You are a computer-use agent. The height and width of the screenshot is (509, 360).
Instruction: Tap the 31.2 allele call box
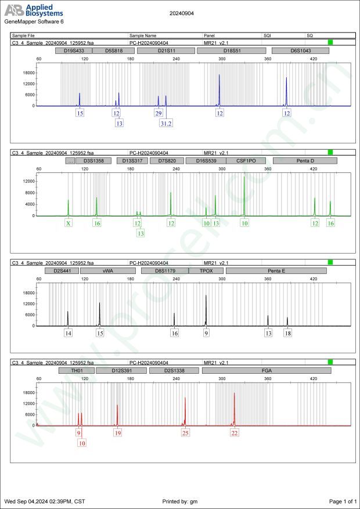[x=166, y=123]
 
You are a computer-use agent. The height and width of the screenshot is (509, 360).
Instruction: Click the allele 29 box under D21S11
[x=158, y=113]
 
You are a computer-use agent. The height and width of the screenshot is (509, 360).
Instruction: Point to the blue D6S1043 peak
[x=286, y=87]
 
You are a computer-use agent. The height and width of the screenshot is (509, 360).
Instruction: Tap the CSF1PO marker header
[x=246, y=161]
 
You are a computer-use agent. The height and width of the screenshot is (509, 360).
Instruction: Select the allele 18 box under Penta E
[x=288, y=334]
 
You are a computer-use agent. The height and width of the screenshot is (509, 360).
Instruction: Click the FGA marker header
[x=267, y=370]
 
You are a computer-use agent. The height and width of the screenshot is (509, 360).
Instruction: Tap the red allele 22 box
[x=235, y=433]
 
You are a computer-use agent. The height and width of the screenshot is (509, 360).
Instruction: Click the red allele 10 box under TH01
[x=82, y=443]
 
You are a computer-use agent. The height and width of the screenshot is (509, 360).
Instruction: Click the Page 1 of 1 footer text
[x=342, y=501]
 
